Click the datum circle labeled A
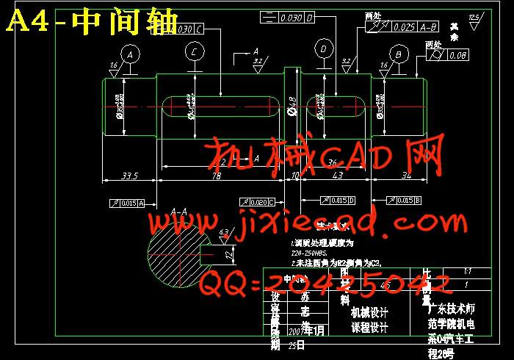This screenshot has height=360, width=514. [x=130, y=54]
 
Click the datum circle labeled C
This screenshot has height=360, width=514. [x=194, y=51]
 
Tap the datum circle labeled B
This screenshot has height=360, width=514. [x=398, y=54]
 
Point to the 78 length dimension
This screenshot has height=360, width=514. [x=217, y=176]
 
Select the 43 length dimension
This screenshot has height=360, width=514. [x=338, y=176]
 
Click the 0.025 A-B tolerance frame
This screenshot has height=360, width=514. [x=402, y=27]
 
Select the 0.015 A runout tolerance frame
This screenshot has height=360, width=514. [x=126, y=203]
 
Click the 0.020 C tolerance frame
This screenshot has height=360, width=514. [x=257, y=201]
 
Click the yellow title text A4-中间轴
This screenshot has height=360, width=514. [x=92, y=23]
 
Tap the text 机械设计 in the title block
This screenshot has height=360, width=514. [x=370, y=312]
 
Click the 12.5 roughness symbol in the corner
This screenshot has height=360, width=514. [x=474, y=18]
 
